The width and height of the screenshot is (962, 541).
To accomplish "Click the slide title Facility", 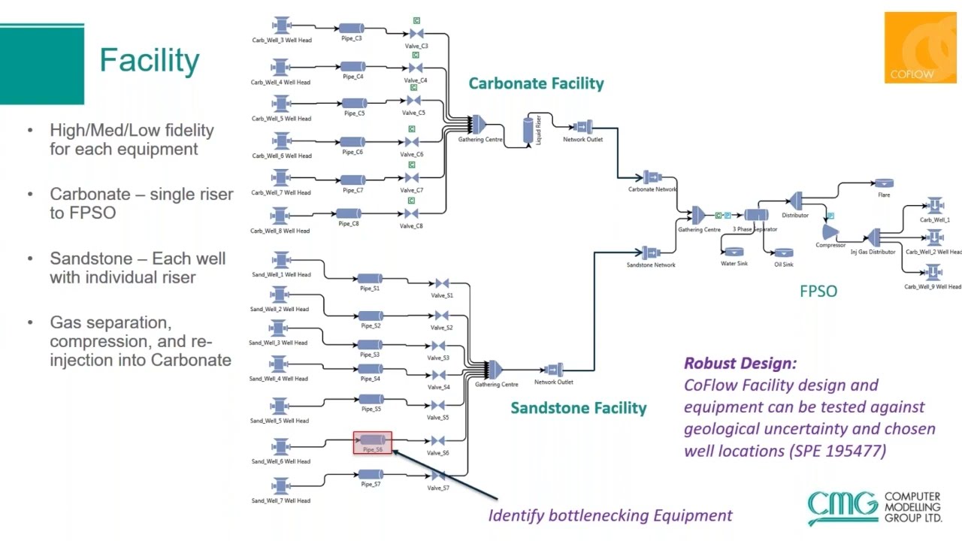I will [149, 61].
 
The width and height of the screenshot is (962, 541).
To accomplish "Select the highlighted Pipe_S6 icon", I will [373, 440].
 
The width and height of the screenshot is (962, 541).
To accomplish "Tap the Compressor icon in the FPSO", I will [830, 232].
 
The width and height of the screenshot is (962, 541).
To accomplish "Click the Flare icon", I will [883, 183].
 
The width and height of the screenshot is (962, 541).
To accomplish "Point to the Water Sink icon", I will [734, 252].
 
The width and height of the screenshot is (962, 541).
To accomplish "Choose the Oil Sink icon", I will [783, 253].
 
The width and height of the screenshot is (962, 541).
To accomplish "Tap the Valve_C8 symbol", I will [411, 214].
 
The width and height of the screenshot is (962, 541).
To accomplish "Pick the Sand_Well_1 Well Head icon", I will [281, 261].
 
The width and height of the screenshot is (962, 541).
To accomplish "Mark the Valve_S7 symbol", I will [439, 476].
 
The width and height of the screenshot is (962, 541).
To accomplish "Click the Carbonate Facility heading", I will [536, 83].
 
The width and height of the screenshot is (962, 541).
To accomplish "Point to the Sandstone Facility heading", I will [578, 408].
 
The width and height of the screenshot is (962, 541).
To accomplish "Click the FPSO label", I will [818, 292].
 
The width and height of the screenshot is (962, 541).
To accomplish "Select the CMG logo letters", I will [843, 506].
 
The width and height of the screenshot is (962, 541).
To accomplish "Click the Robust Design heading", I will [740, 364].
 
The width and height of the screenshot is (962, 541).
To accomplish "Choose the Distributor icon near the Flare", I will [796, 200].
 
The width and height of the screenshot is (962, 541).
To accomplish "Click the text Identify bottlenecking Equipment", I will [610, 515].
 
